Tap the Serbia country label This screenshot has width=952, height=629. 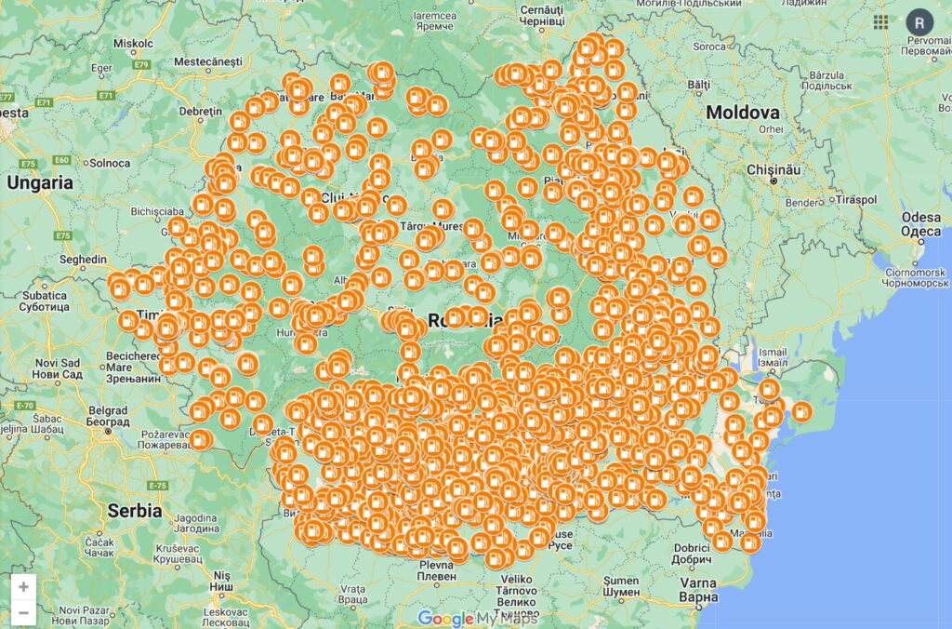tap(134, 511)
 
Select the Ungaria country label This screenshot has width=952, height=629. tap(39, 183)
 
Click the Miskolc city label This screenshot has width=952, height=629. tap(132, 43)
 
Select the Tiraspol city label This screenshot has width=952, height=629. tap(856, 199)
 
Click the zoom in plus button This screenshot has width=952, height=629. tap(23, 586)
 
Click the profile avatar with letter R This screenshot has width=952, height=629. tap(919, 22)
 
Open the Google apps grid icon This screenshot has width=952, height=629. tap(880, 22)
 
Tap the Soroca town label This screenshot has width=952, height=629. tap(709, 46)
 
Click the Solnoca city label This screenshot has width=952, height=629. tap(110, 163)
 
